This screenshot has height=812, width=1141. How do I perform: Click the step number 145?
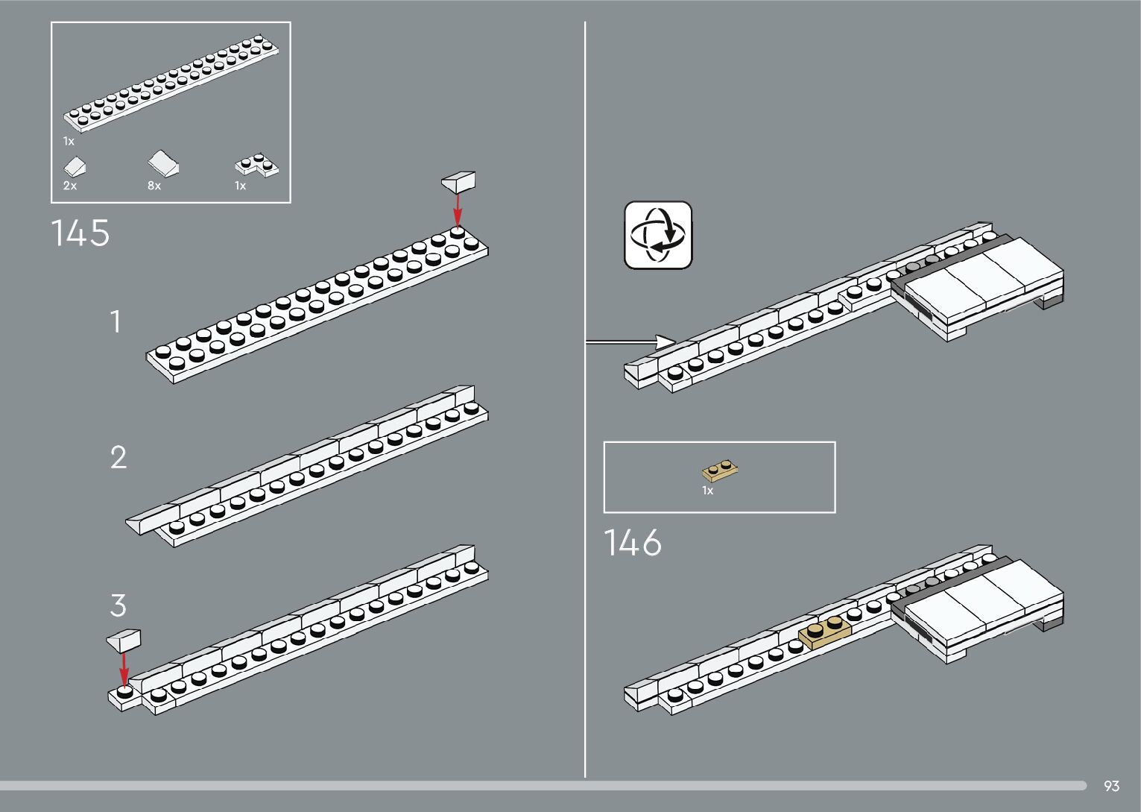click(x=80, y=233)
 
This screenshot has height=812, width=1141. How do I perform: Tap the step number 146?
click(x=632, y=543)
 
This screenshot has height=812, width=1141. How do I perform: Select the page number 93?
click(x=1111, y=786)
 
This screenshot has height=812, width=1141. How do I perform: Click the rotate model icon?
click(x=658, y=235)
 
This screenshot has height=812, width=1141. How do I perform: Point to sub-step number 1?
click(x=115, y=322)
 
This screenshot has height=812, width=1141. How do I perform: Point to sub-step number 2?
click(x=118, y=457)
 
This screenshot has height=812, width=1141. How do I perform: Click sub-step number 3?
click(x=118, y=605)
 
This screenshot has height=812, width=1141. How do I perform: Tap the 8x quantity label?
click(x=154, y=186)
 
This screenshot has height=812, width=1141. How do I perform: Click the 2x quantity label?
click(x=69, y=186)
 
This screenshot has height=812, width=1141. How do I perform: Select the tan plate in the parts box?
click(x=720, y=470)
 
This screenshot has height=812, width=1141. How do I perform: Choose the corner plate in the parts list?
click(x=257, y=166)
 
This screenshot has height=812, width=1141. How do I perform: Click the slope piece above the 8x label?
click(x=163, y=163)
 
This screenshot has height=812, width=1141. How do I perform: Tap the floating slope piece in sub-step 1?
click(x=458, y=180)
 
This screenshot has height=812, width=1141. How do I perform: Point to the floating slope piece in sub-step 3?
click(x=124, y=639)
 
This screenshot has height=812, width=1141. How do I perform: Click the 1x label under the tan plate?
click(x=707, y=491)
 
